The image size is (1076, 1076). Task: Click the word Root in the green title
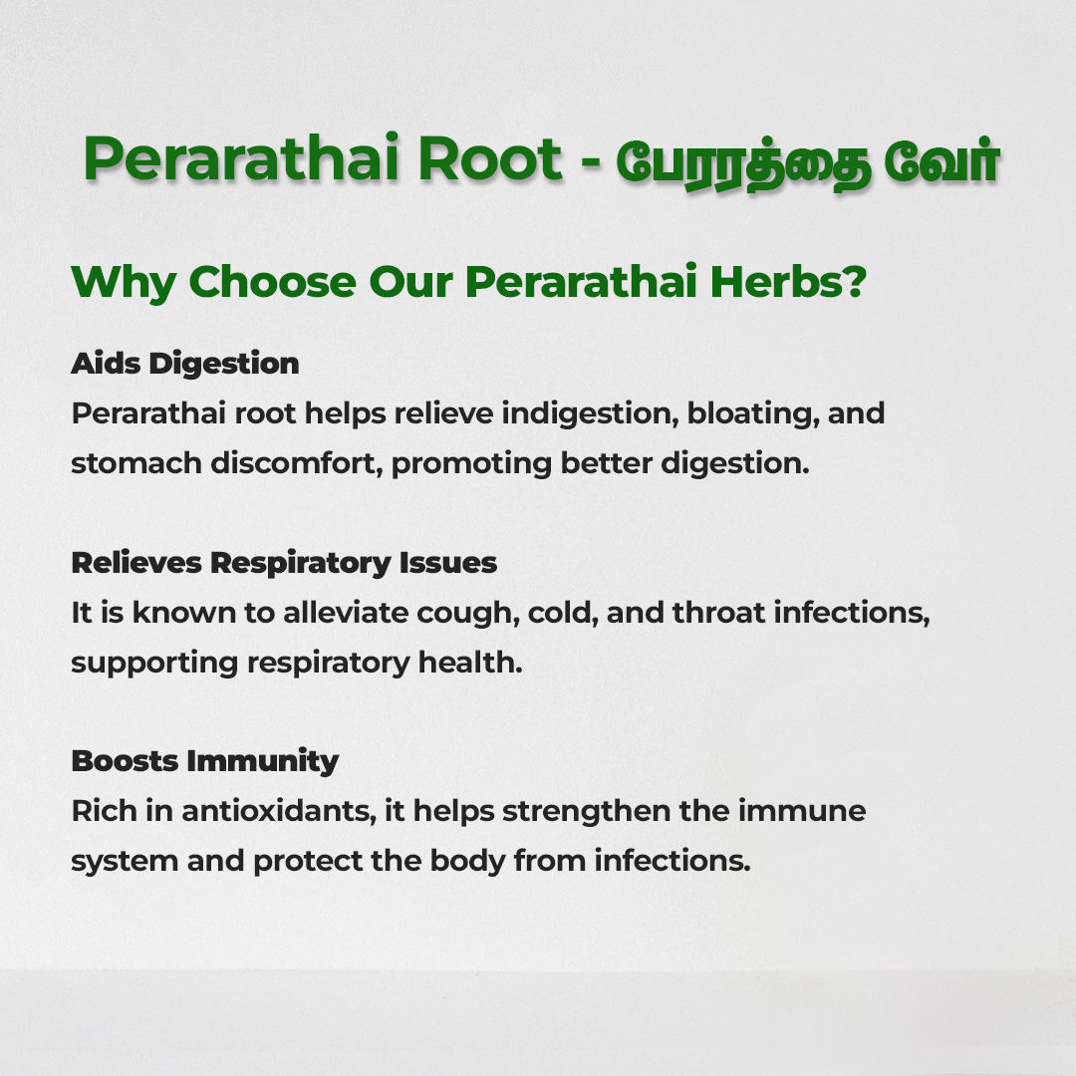pyautogui.click(x=490, y=159)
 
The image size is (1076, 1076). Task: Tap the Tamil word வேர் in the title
pyautogui.click(x=941, y=162)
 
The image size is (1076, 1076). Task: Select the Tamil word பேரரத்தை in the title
pyautogui.click(x=743, y=163)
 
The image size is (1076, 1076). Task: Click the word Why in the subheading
pyautogui.click(x=124, y=283)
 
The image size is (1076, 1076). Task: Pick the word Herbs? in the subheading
pyautogui.click(x=788, y=281)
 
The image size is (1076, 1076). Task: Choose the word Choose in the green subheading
pyautogui.click(x=272, y=281)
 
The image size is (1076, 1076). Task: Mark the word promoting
pyautogui.click(x=471, y=464)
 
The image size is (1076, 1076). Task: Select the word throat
pyautogui.click(x=718, y=613)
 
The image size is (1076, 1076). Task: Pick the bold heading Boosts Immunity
pyautogui.click(x=205, y=762)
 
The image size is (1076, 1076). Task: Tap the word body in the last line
pyautogui.click(x=467, y=861)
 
